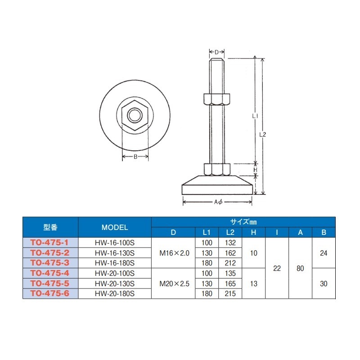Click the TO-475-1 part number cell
point(50,243)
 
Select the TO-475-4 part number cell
point(50,273)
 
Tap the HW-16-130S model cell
point(115,253)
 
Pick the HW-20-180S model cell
point(115,293)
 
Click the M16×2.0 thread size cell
point(174,253)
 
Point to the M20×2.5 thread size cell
point(174,283)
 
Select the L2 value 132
point(230,243)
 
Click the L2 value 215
point(230,293)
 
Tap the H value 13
point(253,283)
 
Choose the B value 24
point(324,253)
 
